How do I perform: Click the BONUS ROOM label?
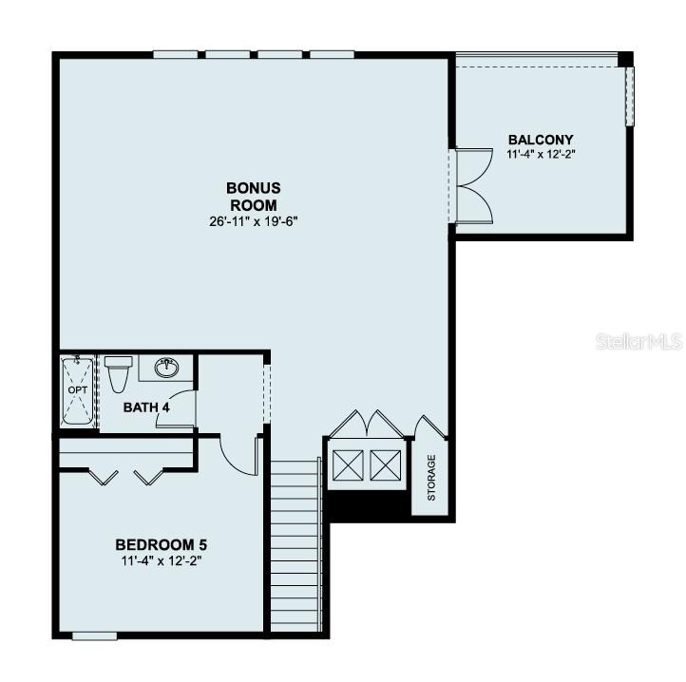(254, 197)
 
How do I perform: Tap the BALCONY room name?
(541, 140)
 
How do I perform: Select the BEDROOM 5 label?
(161, 544)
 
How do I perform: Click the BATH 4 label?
(146, 407)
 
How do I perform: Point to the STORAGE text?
(431, 477)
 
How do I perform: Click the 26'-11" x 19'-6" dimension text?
(254, 221)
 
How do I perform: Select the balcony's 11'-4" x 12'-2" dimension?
(541, 155)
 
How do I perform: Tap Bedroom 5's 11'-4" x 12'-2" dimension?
(161, 560)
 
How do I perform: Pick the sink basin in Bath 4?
(166, 368)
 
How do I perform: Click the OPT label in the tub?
(78, 389)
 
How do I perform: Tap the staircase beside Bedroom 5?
(296, 544)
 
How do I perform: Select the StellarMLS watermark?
(639, 342)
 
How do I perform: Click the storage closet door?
(431, 426)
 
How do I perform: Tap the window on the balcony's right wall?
(630, 96)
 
